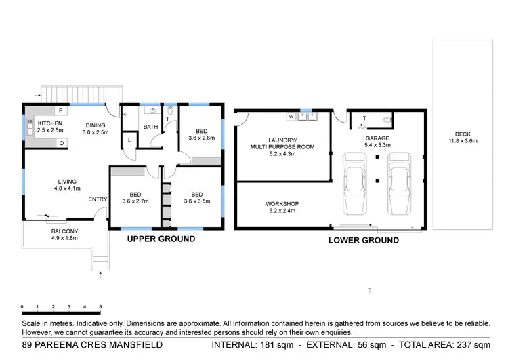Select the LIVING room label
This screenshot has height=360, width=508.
[66, 181]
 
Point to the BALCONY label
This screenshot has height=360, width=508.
[64, 231]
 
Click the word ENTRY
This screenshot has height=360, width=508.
[97, 199]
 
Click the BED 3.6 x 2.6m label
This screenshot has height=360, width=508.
[201, 131]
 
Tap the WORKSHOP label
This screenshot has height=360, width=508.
[282, 204]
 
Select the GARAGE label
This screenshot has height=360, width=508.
[378, 138]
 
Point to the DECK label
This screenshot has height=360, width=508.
[463, 134]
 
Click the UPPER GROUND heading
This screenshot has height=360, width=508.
[161, 239]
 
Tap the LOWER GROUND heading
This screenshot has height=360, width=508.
[363, 241]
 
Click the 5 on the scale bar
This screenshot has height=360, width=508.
[100, 307]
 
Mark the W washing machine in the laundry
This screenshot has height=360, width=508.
[291, 117]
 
